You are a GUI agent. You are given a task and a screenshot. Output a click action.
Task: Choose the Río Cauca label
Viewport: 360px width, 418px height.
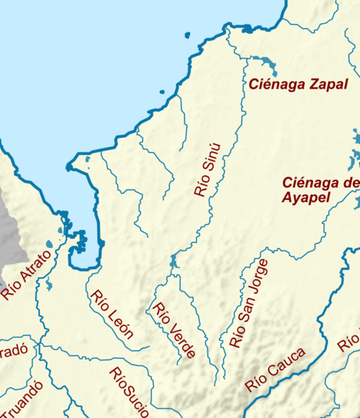tap(275, 369)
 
